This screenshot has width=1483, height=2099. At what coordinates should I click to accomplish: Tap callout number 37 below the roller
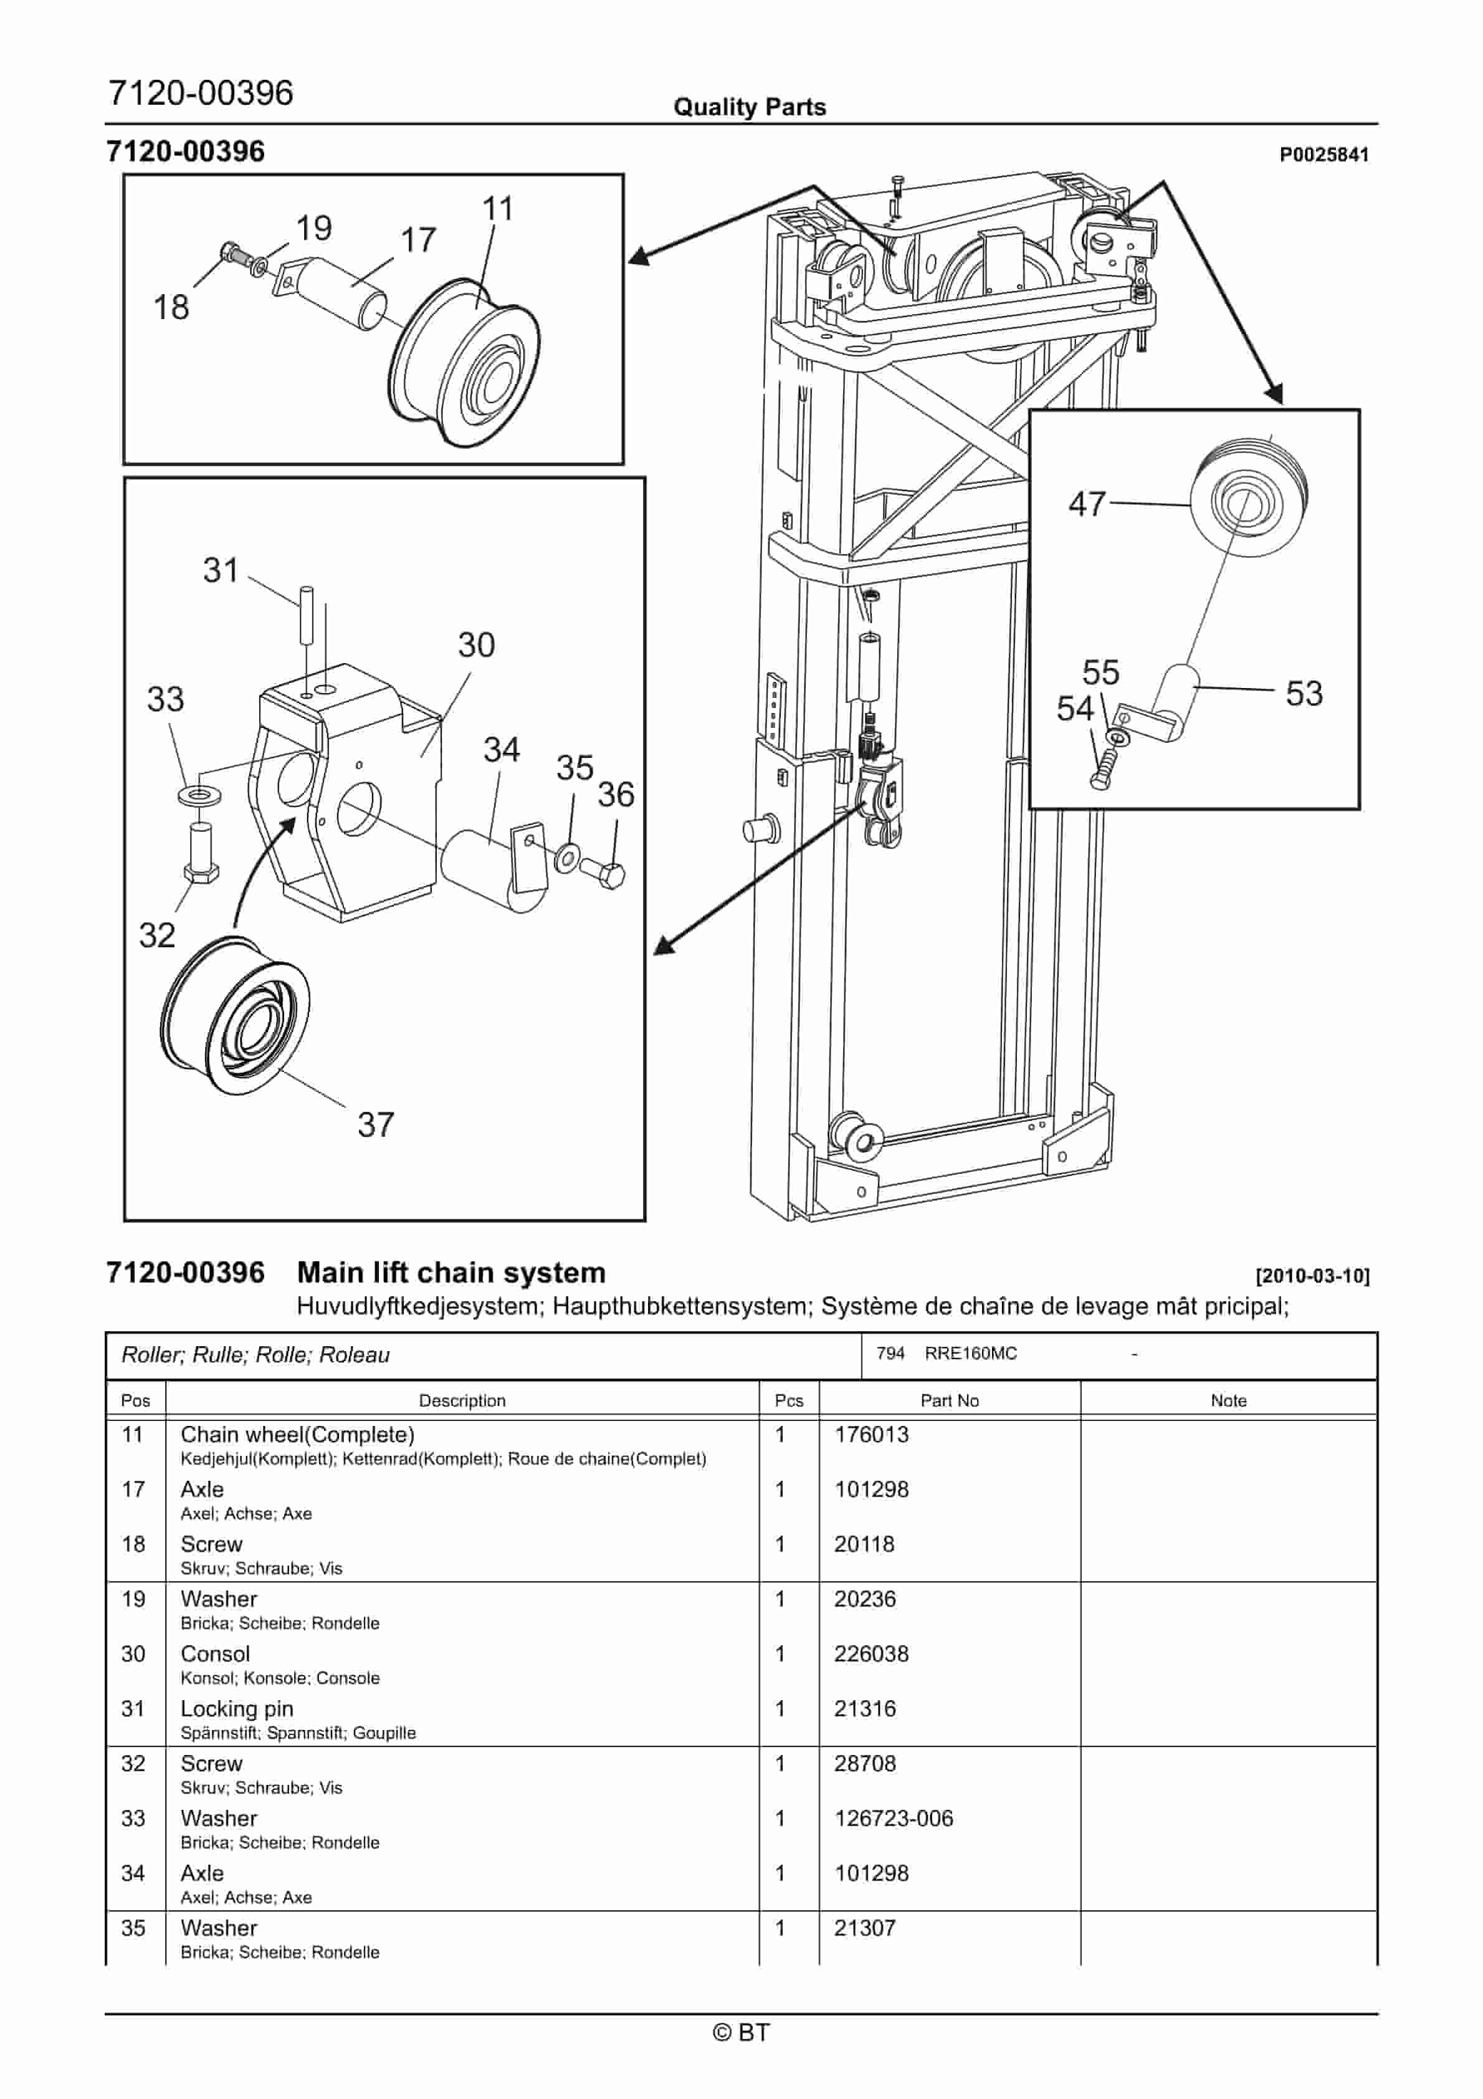375,1124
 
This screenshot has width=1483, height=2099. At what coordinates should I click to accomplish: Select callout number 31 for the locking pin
221,570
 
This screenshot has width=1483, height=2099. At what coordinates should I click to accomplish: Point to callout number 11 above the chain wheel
497,208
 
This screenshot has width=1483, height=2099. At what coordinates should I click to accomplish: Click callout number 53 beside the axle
1303,693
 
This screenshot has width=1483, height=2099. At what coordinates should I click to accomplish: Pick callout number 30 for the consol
475,644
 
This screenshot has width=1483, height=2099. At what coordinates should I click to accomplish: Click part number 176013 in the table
871,1435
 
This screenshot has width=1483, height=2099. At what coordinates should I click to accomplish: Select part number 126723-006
894,1819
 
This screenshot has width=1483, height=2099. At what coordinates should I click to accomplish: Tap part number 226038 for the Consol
871,1654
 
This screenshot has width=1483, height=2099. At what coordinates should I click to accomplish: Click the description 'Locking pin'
237,1709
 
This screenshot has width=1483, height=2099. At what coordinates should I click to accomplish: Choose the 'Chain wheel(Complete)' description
297,1435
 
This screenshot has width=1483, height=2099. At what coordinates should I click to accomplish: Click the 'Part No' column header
949,1400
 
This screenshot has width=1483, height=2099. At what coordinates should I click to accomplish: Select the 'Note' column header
1228,1400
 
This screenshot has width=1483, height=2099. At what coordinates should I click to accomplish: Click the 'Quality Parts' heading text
750,107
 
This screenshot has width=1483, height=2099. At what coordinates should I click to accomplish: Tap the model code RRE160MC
970,1354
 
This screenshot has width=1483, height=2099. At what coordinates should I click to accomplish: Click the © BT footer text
741,2032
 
